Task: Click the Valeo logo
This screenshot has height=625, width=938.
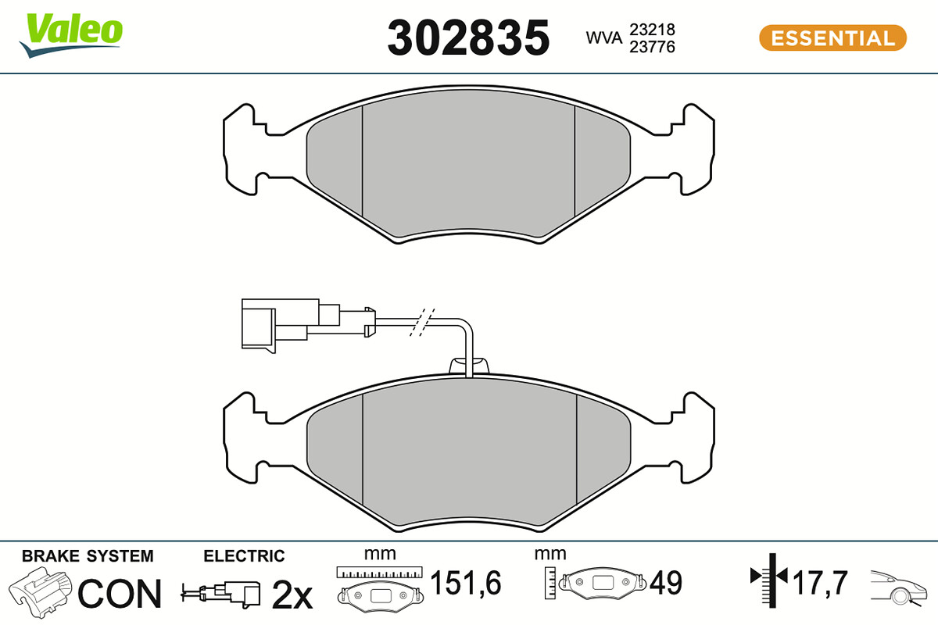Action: point(71,35)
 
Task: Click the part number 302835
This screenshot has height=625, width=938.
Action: point(468,37)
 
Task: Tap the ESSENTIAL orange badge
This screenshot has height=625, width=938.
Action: point(833,38)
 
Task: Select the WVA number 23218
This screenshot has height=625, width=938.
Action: point(653,30)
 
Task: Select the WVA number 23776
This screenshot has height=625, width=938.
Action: point(653,47)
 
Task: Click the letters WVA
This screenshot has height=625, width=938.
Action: point(603,37)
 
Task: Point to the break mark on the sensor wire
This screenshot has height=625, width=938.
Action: point(422,323)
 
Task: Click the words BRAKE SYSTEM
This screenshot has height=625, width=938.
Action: point(88,556)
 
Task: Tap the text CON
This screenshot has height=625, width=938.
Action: point(120,594)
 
